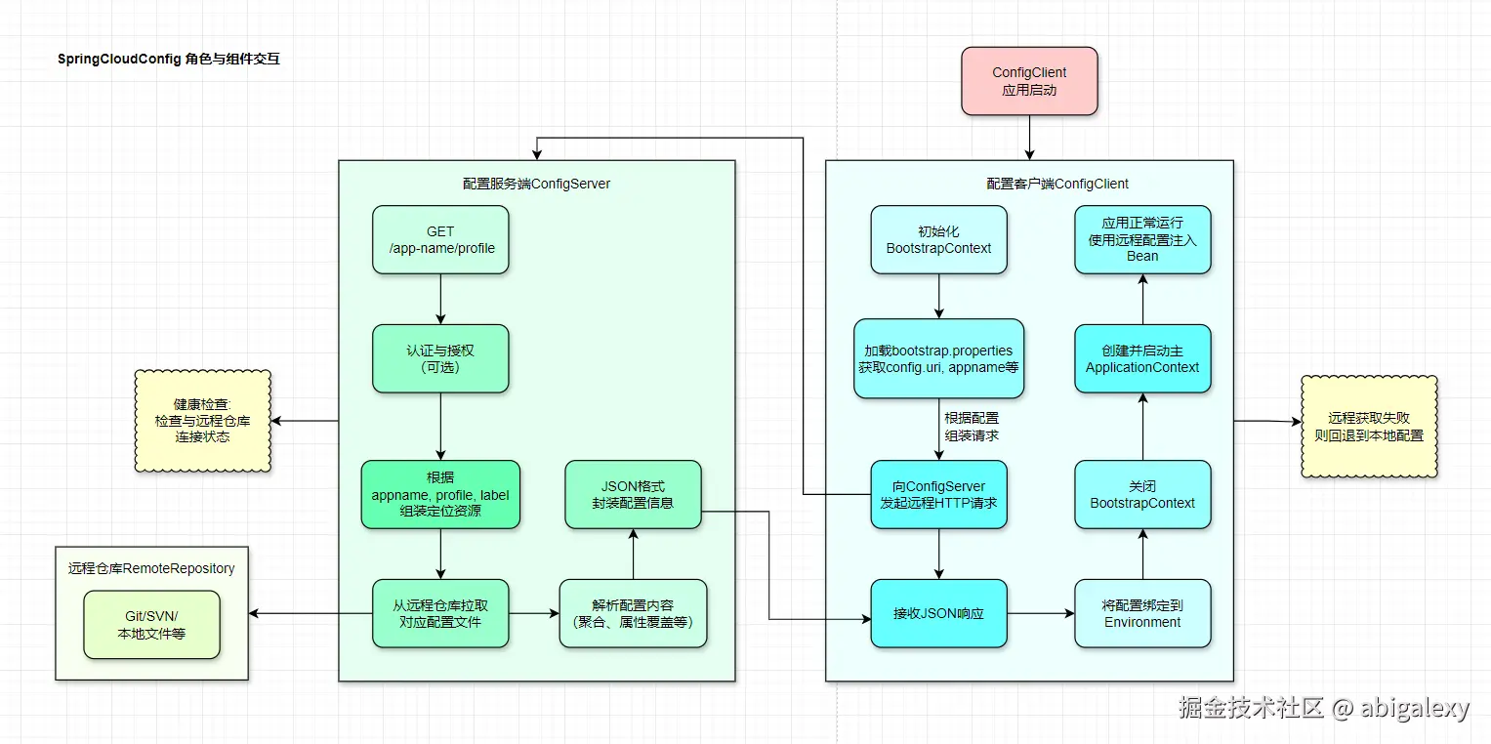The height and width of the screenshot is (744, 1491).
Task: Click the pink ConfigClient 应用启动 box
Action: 1029,81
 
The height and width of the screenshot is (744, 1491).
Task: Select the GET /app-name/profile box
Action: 440,239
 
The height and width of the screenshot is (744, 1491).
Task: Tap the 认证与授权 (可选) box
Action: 440,358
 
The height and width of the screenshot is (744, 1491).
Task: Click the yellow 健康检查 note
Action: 202,421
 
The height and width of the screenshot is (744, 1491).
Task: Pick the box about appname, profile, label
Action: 440,494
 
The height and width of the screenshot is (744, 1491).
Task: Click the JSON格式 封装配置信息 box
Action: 633,494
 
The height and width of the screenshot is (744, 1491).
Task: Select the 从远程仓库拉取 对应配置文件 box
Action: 440,613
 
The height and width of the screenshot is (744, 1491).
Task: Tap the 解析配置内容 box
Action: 633,613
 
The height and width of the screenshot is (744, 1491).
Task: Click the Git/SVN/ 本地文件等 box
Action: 151,625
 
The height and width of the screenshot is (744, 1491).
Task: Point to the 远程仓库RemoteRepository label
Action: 151,568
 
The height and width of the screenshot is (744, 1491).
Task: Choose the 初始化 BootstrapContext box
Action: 938,239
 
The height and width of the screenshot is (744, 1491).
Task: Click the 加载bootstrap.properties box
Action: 938,358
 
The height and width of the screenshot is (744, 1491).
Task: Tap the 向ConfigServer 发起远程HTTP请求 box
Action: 938,494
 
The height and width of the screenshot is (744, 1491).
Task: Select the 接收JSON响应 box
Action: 938,613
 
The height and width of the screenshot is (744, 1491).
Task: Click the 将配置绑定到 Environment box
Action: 1142,613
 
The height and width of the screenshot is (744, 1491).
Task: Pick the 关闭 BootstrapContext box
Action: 1142,494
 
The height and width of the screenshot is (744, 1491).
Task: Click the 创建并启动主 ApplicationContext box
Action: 1142,358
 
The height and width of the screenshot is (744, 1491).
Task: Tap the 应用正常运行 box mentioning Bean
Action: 1142,239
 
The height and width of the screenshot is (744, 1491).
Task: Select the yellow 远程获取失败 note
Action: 1369,427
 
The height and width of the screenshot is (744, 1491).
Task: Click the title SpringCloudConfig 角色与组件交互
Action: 169,60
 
